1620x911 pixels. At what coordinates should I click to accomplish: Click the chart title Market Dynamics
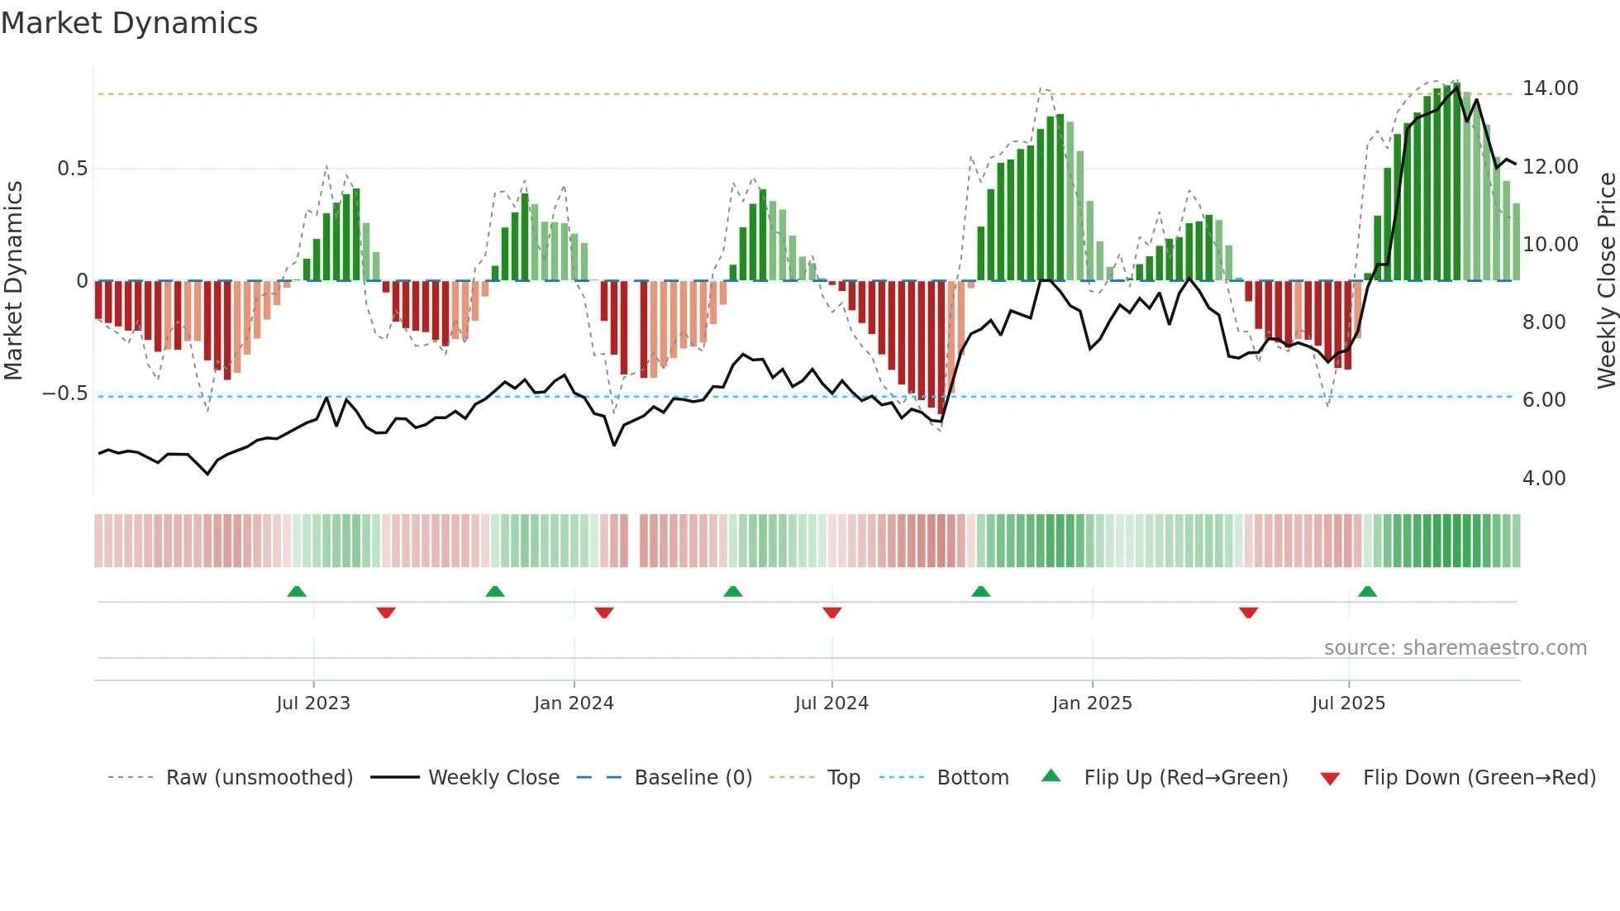[129, 23]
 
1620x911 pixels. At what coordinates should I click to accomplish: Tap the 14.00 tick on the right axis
[1550, 88]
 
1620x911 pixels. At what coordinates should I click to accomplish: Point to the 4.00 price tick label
[1543, 479]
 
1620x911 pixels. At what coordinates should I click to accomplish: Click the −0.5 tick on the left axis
[64, 393]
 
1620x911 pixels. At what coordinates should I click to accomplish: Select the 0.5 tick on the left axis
[72, 169]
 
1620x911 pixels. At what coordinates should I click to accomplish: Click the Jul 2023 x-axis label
[313, 704]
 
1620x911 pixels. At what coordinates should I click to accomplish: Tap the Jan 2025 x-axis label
[1092, 704]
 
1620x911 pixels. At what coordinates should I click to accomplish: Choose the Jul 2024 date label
[831, 704]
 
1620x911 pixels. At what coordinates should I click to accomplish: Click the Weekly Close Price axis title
[1606, 280]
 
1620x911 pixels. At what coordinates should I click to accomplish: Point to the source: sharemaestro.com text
[1455, 648]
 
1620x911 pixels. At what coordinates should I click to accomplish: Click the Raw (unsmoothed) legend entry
[259, 778]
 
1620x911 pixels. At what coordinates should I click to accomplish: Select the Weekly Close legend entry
[493, 778]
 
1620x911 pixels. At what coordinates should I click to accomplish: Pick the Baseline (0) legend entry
[693, 778]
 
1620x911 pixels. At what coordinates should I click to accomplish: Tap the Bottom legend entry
[972, 778]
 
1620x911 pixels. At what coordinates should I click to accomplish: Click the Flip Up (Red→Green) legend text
[1185, 778]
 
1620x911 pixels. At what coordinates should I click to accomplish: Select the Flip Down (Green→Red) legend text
[1479, 778]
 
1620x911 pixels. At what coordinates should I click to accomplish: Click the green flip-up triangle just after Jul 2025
[1367, 591]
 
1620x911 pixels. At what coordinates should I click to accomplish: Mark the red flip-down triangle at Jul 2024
[831, 613]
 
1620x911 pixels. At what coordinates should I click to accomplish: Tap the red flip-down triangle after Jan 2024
[604, 613]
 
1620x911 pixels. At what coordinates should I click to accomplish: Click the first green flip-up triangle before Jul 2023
[297, 591]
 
